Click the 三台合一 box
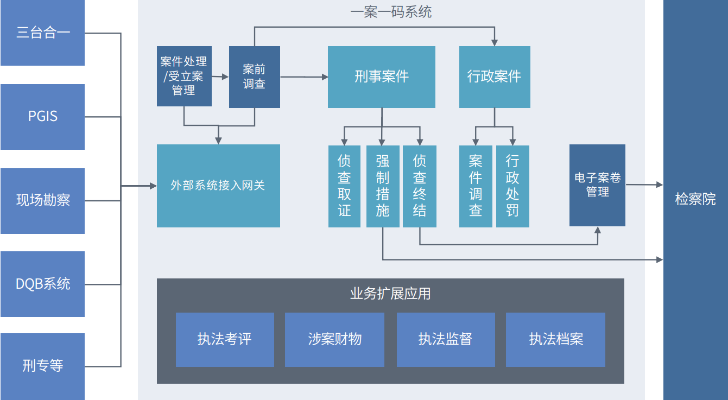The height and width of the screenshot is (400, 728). (42, 33)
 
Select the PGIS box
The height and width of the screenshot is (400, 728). (42, 117)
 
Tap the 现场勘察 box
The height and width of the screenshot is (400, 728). (42, 200)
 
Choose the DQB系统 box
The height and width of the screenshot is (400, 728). (42, 284)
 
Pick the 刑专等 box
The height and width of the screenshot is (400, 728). (42, 366)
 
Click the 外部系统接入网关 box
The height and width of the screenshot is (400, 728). (218, 186)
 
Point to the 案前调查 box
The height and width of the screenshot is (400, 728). (254, 77)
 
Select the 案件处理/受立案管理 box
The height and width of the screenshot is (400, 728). (183, 77)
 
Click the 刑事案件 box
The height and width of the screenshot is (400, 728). (381, 77)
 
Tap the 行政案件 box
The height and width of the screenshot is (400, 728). (494, 77)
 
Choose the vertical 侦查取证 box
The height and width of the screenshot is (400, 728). (344, 186)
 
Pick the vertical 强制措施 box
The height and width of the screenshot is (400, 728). (382, 186)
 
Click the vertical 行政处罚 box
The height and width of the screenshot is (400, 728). (512, 186)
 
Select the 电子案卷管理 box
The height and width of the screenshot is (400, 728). (597, 185)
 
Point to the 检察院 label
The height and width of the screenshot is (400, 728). (695, 199)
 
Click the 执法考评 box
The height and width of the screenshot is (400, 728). (225, 339)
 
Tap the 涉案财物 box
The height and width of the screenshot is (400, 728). (335, 339)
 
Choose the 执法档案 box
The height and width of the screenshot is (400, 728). (555, 339)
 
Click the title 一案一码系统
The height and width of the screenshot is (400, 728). (391, 12)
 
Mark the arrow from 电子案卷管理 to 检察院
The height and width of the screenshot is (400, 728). (644, 185)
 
